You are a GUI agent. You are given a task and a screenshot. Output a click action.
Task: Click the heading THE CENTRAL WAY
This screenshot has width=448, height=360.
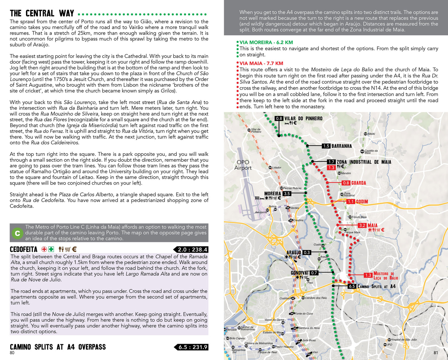pyautogui.click(x=42, y=13)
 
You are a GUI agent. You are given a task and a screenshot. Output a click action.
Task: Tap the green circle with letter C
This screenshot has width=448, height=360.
pyautogui.click(x=17, y=233)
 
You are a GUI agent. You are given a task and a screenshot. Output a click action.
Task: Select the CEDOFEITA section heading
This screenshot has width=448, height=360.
pyautogui.click(x=24, y=249)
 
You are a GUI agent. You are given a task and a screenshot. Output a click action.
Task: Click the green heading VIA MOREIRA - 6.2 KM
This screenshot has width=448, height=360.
pyautogui.click(x=266, y=42)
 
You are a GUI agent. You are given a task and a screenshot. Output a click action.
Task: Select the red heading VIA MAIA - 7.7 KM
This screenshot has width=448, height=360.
pyautogui.click(x=261, y=64)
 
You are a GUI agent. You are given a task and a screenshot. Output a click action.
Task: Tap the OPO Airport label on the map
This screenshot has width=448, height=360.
pyautogui.click(x=243, y=165)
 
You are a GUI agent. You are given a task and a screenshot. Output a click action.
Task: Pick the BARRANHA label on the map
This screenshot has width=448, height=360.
pyautogui.click(x=341, y=146)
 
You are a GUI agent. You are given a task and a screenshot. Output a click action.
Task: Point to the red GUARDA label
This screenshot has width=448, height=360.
pyautogui.click(x=358, y=183)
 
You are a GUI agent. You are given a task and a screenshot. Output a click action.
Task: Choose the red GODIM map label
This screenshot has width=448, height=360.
pyautogui.click(x=362, y=202)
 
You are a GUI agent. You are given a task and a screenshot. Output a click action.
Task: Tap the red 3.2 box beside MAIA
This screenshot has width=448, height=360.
pyautogui.click(x=362, y=226)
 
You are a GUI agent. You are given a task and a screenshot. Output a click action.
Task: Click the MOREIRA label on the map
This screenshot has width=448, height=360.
pyautogui.click(x=273, y=194)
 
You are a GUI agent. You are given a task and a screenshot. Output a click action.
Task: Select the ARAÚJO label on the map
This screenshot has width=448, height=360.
pyautogui.click(x=294, y=252)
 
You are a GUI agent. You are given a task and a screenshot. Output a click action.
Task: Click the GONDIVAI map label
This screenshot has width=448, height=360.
pyautogui.click(x=299, y=273)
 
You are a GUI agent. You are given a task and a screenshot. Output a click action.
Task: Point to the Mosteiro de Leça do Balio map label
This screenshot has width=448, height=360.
pyautogui.click(x=384, y=275)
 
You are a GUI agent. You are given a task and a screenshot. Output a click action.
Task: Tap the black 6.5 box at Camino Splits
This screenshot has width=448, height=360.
pyautogui.click(x=352, y=286)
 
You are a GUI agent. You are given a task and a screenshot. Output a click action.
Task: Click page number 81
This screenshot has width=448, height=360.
pyautogui.click(x=436, y=353)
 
